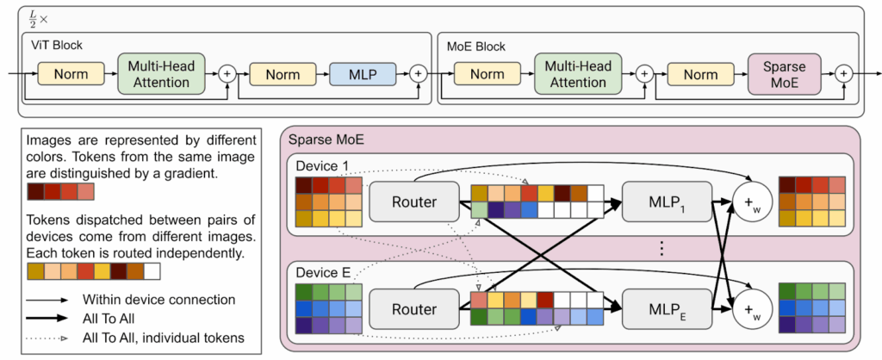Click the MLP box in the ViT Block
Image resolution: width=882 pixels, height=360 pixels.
click(x=360, y=74)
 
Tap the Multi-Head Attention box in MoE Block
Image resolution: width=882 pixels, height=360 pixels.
click(x=576, y=74)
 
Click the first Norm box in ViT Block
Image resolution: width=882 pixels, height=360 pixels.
click(x=71, y=74)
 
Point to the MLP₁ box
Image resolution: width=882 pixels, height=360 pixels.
click(x=666, y=203)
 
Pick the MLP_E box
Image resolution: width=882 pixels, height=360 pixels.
click(x=666, y=308)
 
